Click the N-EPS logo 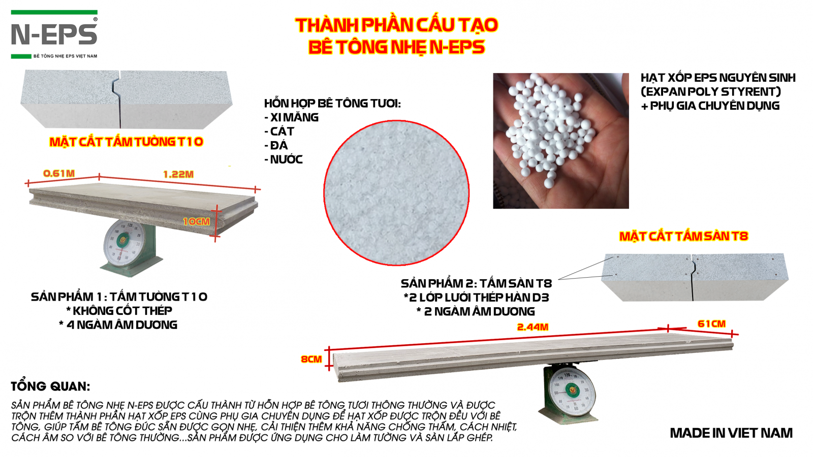pos(54,35)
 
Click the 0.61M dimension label pos(59,173)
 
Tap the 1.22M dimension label pos(178,175)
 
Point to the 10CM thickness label pos(196,221)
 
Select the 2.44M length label pos(533,327)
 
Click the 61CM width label pos(711,323)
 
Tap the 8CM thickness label pos(311,359)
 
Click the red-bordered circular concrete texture pos(396,193)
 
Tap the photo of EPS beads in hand pos(561,141)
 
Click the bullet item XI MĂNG pos(292,117)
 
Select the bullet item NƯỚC pos(284,159)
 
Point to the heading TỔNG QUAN pos(50,386)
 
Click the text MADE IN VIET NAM pos(731,433)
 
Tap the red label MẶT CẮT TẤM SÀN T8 pos(683,236)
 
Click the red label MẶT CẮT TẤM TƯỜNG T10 pos(127,142)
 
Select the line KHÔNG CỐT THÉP pos(119,311)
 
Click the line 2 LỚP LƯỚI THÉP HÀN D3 pos(476,298)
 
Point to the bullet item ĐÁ pos(276,145)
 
